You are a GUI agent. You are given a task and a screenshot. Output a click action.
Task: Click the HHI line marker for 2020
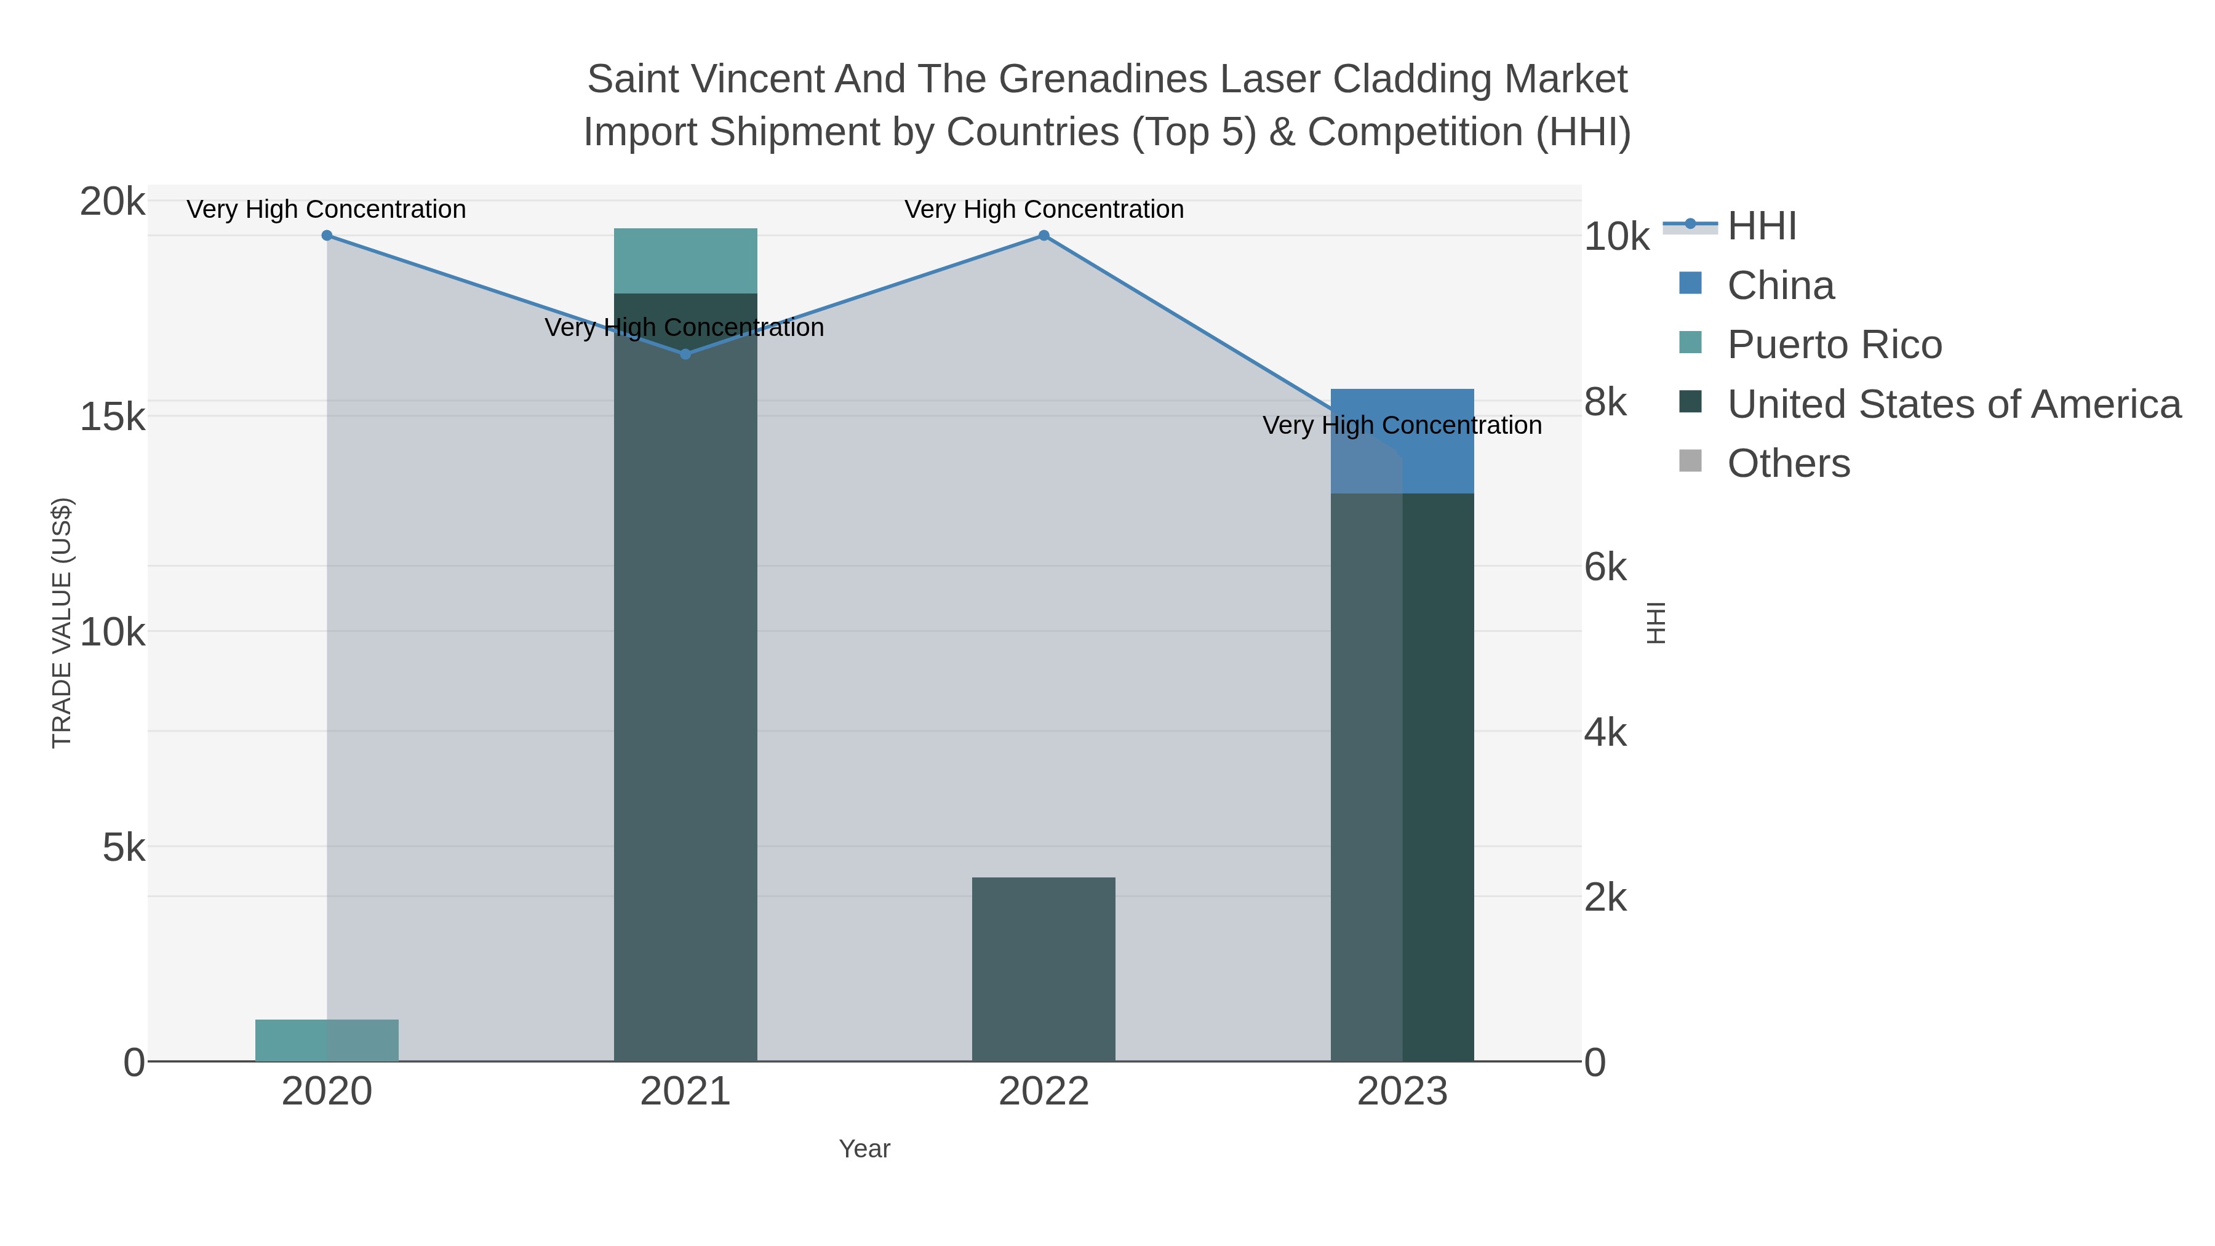pyautogui.click(x=327, y=236)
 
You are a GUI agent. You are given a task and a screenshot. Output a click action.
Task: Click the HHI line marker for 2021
pyautogui.click(x=685, y=354)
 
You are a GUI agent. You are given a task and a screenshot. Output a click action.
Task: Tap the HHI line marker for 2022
pyautogui.click(x=1044, y=236)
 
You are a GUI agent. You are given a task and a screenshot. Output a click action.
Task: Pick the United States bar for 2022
pyautogui.click(x=1044, y=970)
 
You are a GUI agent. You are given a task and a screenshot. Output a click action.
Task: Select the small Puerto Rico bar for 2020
pyautogui.click(x=327, y=1040)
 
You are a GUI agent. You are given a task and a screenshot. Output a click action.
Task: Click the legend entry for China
pyautogui.click(x=1780, y=286)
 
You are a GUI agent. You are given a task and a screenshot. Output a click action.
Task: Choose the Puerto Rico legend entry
pyautogui.click(x=1834, y=345)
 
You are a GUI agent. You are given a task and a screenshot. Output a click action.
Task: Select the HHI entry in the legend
pyautogui.click(x=1761, y=226)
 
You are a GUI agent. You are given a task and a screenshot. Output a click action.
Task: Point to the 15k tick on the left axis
pyautogui.click(x=113, y=418)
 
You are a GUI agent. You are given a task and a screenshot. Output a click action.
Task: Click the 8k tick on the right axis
pyautogui.click(x=1605, y=402)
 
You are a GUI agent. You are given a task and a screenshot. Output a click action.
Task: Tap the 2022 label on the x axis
pyautogui.click(x=1044, y=1092)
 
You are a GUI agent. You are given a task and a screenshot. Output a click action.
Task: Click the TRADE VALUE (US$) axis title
pyautogui.click(x=62, y=623)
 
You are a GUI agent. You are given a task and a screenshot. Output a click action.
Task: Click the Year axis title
pyautogui.click(x=864, y=1149)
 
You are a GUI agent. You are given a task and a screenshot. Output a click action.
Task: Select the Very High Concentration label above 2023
pyautogui.click(x=1402, y=426)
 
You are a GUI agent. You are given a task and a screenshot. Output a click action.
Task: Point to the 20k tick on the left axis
pyautogui.click(x=113, y=203)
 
